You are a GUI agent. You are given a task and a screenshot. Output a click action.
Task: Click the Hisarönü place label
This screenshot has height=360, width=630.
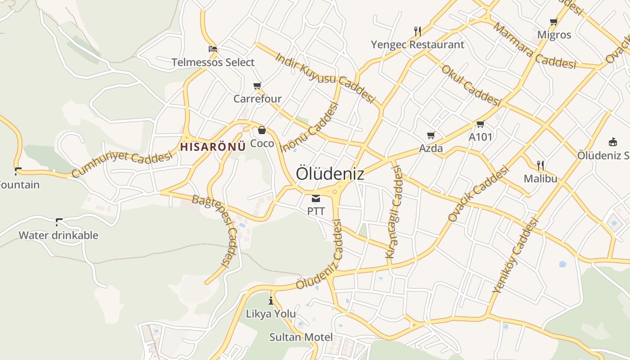[x=213, y=146]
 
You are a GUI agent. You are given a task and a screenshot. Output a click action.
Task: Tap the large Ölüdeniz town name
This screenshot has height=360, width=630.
[x=330, y=174]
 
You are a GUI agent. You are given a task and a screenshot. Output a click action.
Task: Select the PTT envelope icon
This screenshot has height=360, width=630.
[x=316, y=198]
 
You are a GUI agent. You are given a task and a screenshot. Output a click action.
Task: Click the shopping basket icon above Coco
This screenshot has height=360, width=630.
[x=262, y=130]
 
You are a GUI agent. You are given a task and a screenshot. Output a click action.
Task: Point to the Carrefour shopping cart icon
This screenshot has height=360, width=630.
[x=257, y=85]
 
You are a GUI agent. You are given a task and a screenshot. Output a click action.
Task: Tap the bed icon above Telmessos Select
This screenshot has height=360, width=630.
[x=213, y=49]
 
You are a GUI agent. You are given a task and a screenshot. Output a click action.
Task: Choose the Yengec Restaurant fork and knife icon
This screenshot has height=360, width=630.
[x=418, y=31]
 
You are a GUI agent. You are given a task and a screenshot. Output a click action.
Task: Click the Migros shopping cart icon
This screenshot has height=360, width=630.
[x=554, y=22]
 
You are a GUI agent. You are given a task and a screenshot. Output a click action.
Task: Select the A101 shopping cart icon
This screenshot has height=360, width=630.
[x=480, y=124]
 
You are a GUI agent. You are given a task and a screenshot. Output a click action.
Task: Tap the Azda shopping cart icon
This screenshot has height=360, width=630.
[x=431, y=135]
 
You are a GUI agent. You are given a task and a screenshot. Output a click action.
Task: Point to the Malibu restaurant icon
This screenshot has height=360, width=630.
[x=540, y=165]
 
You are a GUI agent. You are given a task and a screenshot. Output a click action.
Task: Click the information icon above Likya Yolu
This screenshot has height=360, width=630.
[x=271, y=301]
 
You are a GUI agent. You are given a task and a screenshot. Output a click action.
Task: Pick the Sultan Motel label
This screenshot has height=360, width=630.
[x=301, y=337]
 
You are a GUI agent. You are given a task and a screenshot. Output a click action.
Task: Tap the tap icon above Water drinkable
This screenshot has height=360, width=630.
[x=58, y=221]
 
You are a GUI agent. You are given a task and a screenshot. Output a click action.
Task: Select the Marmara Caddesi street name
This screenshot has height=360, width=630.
[x=535, y=45]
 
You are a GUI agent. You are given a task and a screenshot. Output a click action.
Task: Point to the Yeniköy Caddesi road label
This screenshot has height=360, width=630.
[x=516, y=256]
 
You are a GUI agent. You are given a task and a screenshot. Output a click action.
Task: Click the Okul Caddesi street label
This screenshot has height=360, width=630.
[x=471, y=85]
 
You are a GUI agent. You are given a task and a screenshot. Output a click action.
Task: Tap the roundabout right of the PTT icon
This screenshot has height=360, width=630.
[x=335, y=192]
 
